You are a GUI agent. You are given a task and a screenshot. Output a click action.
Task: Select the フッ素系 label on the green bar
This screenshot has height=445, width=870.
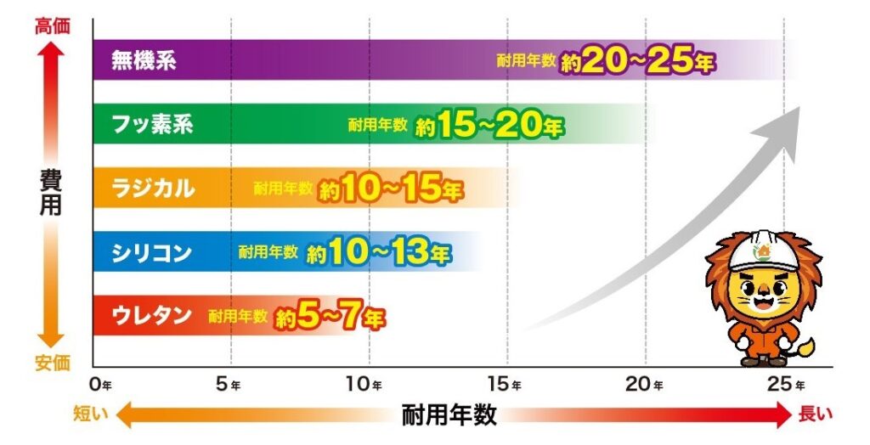153,125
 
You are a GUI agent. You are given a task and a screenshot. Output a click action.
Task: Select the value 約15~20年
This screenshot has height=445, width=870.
490,127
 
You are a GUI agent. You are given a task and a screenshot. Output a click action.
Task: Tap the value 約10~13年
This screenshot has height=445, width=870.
379,253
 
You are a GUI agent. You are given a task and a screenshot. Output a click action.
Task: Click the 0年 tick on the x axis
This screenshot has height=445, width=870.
100,385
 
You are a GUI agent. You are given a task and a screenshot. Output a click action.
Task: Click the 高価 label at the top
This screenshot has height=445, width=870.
51,25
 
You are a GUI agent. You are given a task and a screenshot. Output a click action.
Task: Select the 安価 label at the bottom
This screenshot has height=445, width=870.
51,363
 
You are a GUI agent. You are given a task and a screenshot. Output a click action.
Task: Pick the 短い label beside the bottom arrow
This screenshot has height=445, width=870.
90,415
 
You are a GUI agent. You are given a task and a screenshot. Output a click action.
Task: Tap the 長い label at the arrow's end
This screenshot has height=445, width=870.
816,415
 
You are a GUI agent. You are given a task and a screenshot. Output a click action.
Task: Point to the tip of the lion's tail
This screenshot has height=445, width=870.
806,345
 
